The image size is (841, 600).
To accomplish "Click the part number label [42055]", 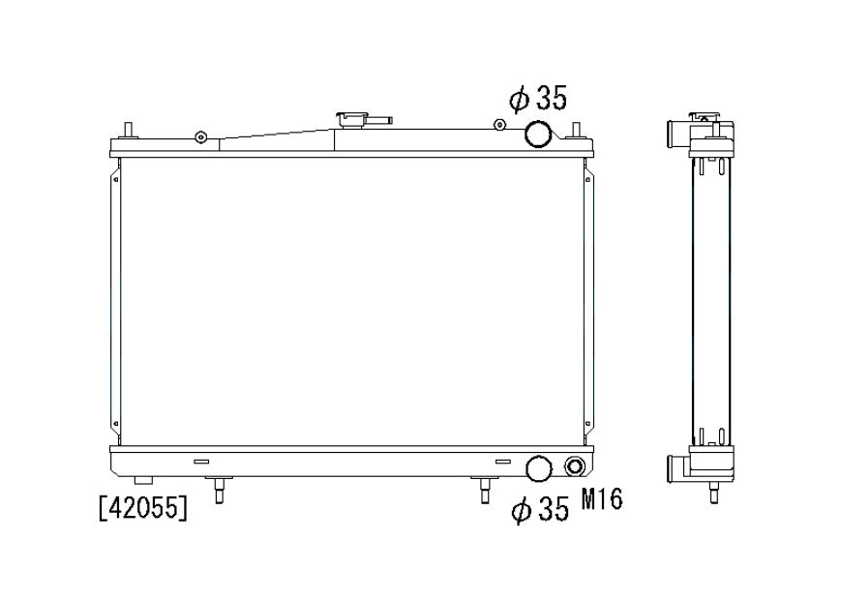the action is coord(143,508).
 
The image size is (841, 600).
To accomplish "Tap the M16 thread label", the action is coord(602,499).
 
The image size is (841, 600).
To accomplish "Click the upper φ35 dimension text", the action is coord(538,100).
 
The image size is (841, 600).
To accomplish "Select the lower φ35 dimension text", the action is coord(540,509).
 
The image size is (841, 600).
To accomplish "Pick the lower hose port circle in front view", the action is coord(539,468).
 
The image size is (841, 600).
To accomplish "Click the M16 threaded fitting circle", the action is coord(574,466).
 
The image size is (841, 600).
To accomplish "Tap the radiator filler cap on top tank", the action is coord(352,120).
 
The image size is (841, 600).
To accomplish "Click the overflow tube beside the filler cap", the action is coord(380,120).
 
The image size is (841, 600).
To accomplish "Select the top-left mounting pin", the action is coord(128,131).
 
